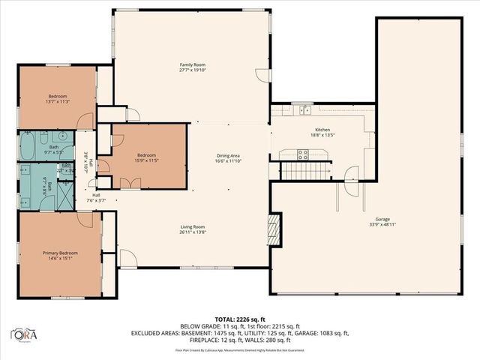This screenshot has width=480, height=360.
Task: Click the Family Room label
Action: point(193,65)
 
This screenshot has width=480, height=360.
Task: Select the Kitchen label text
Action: point(320,130)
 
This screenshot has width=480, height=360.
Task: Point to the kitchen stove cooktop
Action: point(303,154)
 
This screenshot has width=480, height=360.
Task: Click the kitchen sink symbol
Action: point(306,111)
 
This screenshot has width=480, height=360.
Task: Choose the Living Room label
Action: point(193,226)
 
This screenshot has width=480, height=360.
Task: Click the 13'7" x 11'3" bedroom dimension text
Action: point(58,101)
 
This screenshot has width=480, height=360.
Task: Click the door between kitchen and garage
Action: point(350,176)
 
